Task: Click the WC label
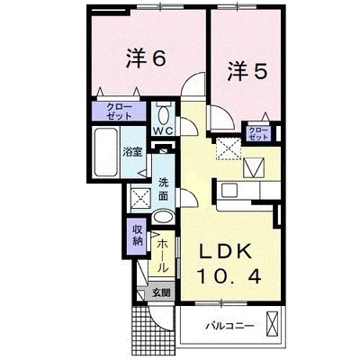(x=162, y=131)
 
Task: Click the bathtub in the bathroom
(x=104, y=154)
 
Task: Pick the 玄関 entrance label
(x=160, y=292)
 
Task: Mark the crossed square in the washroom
(x=141, y=196)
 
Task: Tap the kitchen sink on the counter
(x=230, y=188)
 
